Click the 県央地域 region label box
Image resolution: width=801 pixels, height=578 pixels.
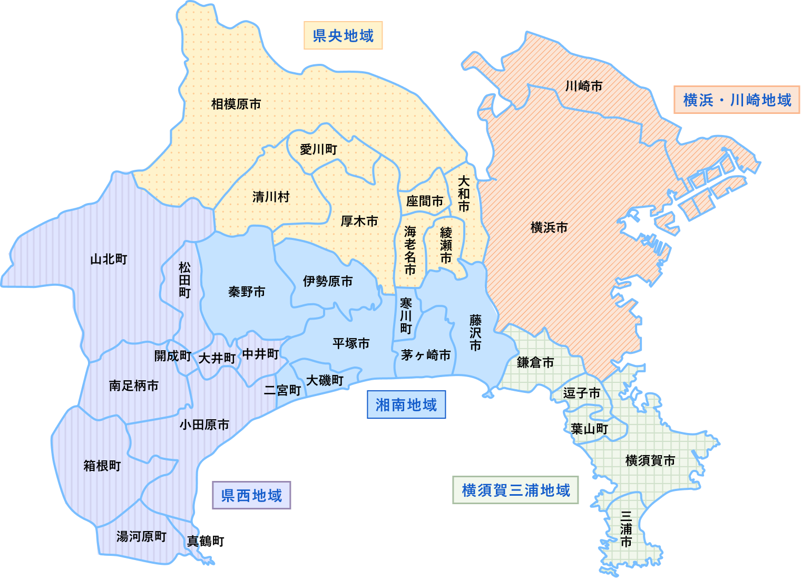343,35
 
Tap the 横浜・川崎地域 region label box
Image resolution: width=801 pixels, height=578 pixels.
737,100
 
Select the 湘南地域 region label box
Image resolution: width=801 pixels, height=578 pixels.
406,404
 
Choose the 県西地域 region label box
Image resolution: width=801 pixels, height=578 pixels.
251,495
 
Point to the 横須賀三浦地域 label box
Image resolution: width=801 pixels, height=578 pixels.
515,490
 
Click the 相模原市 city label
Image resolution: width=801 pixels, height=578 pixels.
236,104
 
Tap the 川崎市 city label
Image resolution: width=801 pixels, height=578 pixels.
584,86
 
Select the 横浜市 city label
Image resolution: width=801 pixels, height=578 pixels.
549,227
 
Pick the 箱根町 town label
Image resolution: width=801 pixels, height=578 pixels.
102,466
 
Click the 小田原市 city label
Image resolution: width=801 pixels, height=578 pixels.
204,425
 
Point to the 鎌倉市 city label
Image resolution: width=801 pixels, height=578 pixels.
535,362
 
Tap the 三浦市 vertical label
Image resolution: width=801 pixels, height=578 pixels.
626,528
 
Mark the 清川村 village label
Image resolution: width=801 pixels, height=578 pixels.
271,197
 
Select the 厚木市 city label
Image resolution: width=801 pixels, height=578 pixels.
359,221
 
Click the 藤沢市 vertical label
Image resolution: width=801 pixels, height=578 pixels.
475,333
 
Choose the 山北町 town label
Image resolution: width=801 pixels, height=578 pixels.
109,259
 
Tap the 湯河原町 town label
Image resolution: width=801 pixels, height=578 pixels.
141,536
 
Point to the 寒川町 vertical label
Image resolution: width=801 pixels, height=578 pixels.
406,315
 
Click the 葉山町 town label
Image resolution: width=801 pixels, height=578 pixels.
590,429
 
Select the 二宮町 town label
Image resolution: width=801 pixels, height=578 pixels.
282,390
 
